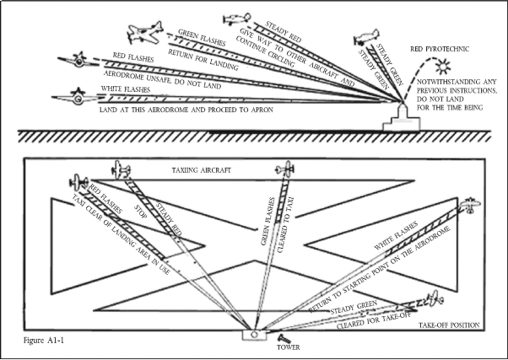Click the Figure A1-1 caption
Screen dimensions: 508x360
[x=44, y=341]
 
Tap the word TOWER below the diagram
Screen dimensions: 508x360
[x=288, y=347]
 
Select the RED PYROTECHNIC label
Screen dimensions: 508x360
[x=440, y=49]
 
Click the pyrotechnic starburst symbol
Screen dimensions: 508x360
[x=442, y=67]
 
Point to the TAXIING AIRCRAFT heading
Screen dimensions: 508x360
[x=201, y=170]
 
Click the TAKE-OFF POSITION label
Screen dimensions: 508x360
[x=449, y=325]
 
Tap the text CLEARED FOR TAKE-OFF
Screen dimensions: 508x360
[x=373, y=321]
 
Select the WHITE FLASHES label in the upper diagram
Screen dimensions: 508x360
[x=126, y=89]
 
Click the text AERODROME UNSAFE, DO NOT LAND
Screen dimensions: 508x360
[x=162, y=80]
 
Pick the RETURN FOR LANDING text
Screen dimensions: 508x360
[x=203, y=59]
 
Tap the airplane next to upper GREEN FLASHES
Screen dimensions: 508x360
[x=145, y=33]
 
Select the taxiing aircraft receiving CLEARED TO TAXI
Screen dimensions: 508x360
[x=284, y=169]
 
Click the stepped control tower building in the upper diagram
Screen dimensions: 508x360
[x=402, y=117]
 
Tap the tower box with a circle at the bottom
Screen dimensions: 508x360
[x=255, y=335]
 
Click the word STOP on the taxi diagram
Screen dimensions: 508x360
[x=141, y=211]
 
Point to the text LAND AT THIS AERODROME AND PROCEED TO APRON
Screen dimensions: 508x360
[x=186, y=110]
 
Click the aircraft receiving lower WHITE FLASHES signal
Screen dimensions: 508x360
[x=470, y=205]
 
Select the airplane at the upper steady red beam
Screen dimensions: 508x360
[x=237, y=19]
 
